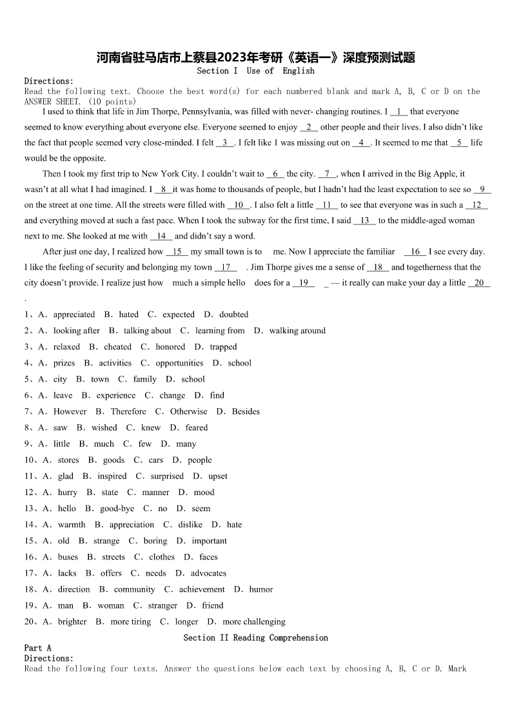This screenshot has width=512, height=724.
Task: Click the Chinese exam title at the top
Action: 256,58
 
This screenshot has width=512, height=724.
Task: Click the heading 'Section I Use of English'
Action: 256,71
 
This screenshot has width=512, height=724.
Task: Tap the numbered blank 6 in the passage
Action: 275,173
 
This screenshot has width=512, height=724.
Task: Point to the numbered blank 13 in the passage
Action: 364,220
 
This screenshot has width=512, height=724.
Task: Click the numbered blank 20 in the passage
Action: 479,282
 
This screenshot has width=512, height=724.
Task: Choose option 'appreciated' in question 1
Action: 74,315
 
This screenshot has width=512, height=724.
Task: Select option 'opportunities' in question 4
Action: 179,363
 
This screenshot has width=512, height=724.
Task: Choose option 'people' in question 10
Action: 199,460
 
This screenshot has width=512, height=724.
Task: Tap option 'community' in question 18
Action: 134,589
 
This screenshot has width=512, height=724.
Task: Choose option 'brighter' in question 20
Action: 72,621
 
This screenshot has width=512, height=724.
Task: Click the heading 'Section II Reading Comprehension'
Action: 256,638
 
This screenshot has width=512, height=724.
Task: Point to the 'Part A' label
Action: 37,648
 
